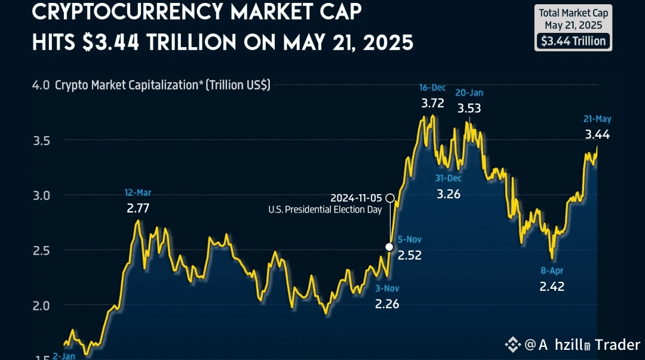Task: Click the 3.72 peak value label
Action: tap(432, 103)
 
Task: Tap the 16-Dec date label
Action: tap(432, 88)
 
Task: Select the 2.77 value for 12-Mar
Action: tap(137, 208)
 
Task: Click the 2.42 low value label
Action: tap(551, 286)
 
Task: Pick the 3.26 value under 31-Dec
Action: tap(449, 194)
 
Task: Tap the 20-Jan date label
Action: tap(469, 93)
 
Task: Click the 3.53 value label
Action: tap(469, 109)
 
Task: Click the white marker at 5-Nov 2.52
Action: tap(389, 247)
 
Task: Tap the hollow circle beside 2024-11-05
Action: tap(390, 197)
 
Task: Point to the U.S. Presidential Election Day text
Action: tap(324, 210)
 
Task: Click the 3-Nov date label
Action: tap(387, 288)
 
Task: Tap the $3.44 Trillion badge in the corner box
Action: tap(573, 41)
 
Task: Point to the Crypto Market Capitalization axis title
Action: tap(162, 85)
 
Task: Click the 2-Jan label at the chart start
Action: tap(63, 356)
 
